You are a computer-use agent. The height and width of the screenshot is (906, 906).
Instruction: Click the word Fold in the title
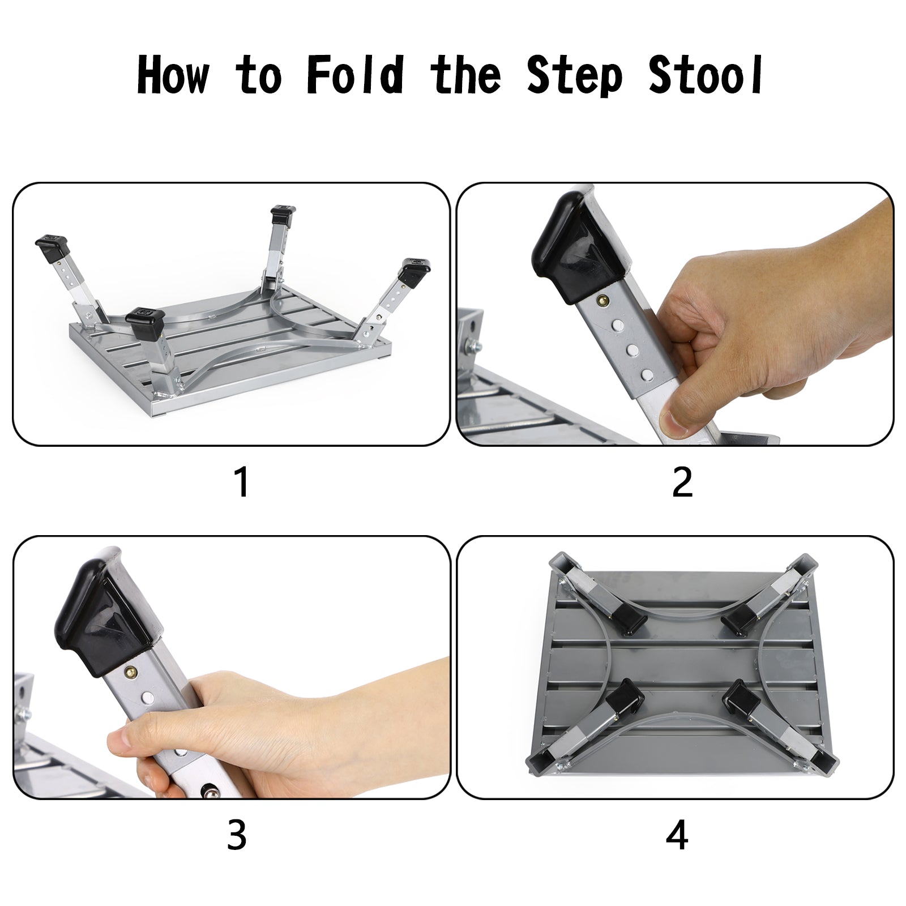click(355, 75)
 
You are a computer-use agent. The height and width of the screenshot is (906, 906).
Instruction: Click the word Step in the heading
click(575, 75)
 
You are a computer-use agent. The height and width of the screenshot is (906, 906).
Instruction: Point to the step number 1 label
click(242, 482)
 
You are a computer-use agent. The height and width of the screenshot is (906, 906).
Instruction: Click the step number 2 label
click(682, 482)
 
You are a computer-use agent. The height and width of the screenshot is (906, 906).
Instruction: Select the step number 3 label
click(237, 835)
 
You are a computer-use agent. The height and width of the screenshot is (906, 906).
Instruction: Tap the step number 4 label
click(677, 835)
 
